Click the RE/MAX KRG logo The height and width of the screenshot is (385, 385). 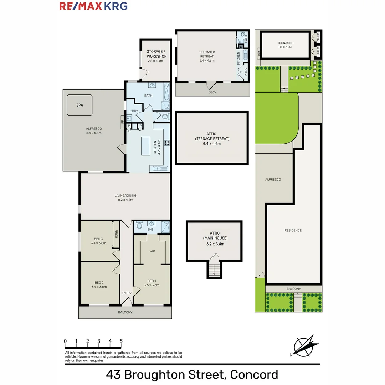93,6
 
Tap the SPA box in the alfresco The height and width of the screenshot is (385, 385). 79,105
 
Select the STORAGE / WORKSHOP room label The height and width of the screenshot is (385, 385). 156,54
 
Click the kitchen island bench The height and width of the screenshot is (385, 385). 146,146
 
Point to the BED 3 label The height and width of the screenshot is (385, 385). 98,239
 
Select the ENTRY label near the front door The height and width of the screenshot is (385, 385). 127,293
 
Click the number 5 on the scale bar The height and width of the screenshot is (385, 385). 121,341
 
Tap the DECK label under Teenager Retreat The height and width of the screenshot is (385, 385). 212,92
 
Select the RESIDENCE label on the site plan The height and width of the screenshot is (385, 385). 293,230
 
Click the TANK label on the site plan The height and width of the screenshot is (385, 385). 258,53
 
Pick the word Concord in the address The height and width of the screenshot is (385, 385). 254,375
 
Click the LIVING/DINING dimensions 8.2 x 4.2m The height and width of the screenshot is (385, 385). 125,200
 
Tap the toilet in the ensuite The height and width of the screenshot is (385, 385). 139,225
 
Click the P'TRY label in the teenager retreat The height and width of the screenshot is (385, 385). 246,73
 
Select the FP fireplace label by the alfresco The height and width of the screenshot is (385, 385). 123,122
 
